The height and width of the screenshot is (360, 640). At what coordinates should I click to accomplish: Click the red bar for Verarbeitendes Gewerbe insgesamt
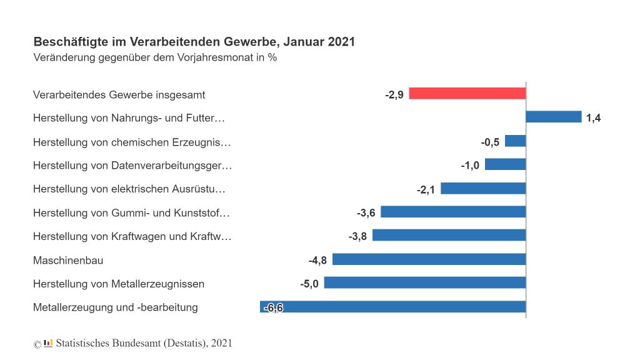(467, 93)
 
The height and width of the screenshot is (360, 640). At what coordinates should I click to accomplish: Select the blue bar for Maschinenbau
(429, 259)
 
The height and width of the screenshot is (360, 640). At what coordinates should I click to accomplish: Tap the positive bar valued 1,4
(554, 117)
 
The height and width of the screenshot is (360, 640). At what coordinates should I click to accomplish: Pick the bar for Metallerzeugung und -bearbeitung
(392, 307)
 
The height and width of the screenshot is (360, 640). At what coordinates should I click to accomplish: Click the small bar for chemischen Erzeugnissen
(515, 141)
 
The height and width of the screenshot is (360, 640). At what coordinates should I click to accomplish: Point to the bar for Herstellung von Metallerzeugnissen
(424, 283)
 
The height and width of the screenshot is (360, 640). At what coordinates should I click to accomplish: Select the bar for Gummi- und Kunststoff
(453, 212)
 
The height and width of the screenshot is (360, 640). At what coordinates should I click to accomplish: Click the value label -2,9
(394, 95)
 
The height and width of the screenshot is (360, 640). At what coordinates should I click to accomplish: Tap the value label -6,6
(273, 307)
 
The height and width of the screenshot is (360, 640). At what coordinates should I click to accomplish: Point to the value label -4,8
(317, 260)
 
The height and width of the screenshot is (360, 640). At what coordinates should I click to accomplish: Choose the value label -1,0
(470, 165)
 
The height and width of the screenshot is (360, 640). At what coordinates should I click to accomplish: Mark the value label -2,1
(426, 189)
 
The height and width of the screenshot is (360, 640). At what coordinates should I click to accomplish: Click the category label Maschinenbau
(68, 260)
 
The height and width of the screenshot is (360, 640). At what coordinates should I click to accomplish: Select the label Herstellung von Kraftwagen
(132, 236)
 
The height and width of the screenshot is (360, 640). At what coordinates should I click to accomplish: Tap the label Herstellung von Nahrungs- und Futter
(128, 117)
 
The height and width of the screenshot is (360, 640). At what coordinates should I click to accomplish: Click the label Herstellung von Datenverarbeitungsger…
(132, 165)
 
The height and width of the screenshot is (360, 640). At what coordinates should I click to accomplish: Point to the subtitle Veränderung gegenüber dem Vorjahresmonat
(154, 57)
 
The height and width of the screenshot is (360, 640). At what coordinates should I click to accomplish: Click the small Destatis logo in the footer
(49, 342)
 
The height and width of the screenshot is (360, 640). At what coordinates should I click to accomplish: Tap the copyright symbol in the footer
(37, 344)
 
